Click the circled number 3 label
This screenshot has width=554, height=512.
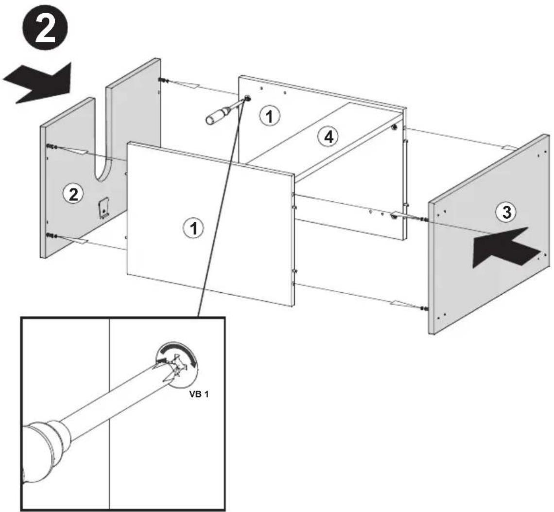pyautogui.click(x=506, y=212)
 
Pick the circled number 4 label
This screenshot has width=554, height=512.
pyautogui.click(x=328, y=137)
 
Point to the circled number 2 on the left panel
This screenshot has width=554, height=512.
pyautogui.click(x=73, y=194)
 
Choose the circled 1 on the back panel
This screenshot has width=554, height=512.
pyautogui.click(x=269, y=116)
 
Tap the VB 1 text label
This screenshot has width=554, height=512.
pyautogui.click(x=199, y=394)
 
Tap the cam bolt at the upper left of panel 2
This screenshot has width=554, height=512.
pyautogui.click(x=52, y=146)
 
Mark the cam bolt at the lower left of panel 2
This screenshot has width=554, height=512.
pyautogui.click(x=52, y=235)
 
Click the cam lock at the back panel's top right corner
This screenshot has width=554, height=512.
pyautogui.click(x=395, y=125)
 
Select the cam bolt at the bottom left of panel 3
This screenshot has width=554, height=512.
pyautogui.click(x=423, y=308)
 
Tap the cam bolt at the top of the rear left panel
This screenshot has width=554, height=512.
pyautogui.click(x=163, y=80)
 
